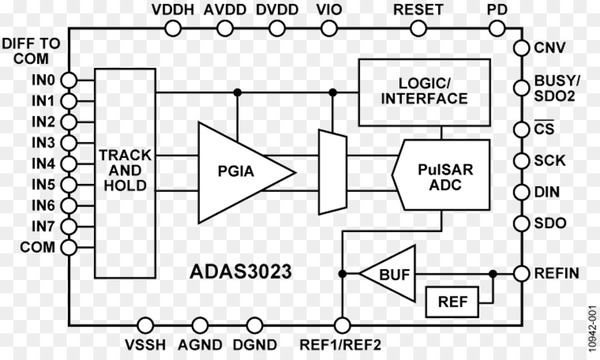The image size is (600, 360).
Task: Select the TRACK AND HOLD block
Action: pos(125,173)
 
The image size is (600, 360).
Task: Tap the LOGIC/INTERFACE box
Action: pos(424,92)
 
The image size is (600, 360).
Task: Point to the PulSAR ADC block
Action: pos(441,175)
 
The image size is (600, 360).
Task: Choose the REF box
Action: pos(452,302)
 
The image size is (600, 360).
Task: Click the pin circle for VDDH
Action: pos(173,28)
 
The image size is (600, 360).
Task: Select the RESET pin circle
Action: pos(418,28)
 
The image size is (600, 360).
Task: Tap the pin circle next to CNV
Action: pos(522,48)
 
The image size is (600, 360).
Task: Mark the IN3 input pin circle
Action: pos(69,143)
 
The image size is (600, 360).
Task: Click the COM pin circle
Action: pos(69,248)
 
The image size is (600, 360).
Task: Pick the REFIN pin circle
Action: pos(522,274)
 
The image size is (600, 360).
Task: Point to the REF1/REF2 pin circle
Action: pos(342,326)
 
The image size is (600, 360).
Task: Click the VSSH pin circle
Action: pos(145,326)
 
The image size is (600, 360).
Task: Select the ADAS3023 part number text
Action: pos(241,272)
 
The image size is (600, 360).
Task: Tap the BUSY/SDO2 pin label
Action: pos(557,88)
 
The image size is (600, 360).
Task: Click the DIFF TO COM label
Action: pos(31,51)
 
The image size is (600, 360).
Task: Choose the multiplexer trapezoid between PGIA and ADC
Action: pos(333,172)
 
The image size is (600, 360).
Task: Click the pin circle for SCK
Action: pos(522,161)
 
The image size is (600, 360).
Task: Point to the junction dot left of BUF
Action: pos(342,274)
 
